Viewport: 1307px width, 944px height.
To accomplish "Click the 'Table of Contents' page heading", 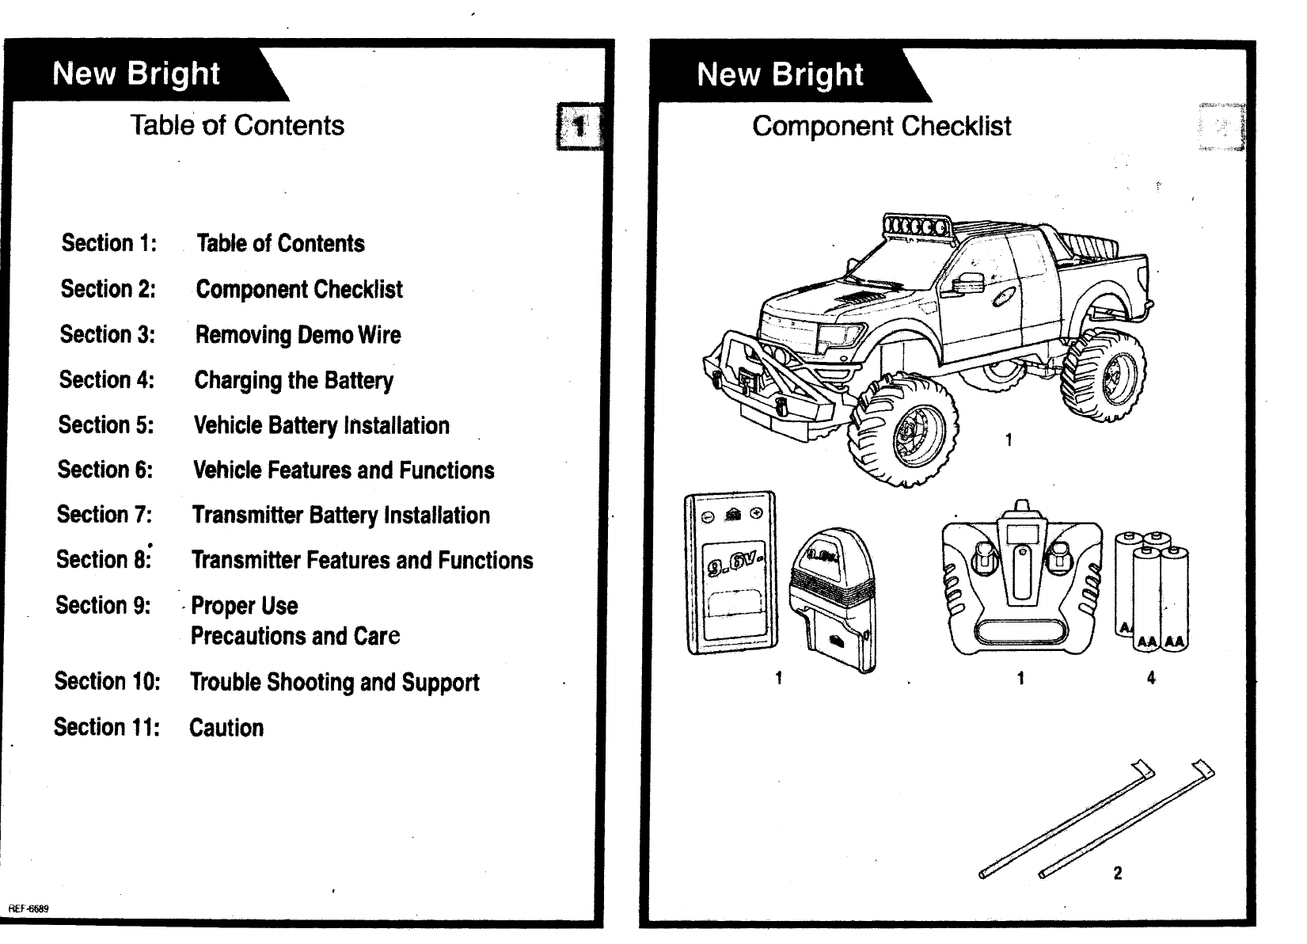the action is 237,125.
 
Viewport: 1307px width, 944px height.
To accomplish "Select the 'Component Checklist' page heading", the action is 881,126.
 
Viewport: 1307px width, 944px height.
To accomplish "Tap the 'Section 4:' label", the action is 107,380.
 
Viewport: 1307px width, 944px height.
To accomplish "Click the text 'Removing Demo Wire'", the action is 298,335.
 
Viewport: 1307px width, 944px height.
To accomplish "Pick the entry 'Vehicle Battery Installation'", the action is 321,425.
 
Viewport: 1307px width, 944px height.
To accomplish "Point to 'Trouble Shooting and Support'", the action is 334,682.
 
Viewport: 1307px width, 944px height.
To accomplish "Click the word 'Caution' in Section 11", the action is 226,728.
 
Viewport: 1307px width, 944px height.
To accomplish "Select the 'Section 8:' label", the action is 104,560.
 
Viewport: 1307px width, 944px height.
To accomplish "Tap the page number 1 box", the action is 579,126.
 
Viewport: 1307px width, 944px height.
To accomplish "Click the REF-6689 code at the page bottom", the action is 28,908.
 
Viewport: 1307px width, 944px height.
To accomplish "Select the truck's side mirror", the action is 967,283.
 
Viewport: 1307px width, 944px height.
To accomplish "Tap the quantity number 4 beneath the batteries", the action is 1151,678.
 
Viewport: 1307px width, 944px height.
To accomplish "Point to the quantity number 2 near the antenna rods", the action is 1117,874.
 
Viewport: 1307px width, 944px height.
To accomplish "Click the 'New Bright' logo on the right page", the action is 780,74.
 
